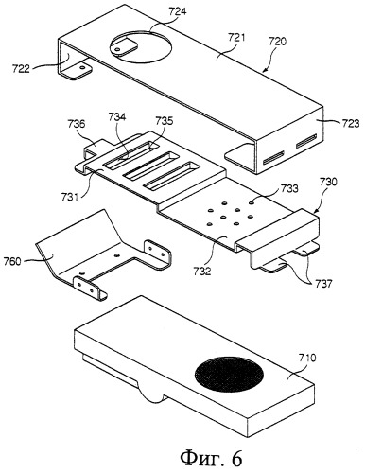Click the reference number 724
click(x=177, y=11)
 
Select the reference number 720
click(x=277, y=42)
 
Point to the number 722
click(x=21, y=68)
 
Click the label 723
click(x=350, y=123)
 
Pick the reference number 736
click(x=76, y=123)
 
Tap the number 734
click(x=116, y=117)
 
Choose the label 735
click(x=165, y=121)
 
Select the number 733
click(x=288, y=188)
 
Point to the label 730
click(x=328, y=182)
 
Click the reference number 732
click(x=202, y=271)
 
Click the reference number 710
click(x=306, y=359)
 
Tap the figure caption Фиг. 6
click(x=212, y=458)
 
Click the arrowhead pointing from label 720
click(x=264, y=70)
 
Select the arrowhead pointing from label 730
click(x=313, y=212)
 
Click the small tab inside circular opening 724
click(x=123, y=45)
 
